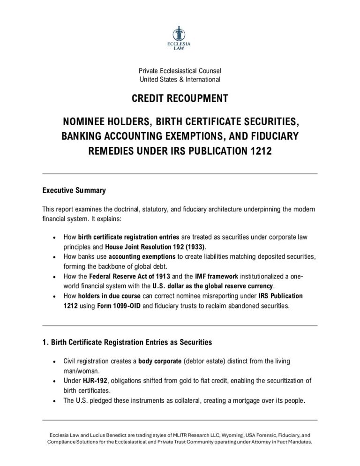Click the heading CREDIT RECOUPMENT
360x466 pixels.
click(x=180, y=99)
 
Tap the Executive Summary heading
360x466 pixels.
click(x=74, y=190)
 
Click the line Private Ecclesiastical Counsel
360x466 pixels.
click(x=180, y=70)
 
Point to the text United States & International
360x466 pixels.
click(x=180, y=79)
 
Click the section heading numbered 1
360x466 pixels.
click(x=127, y=342)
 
